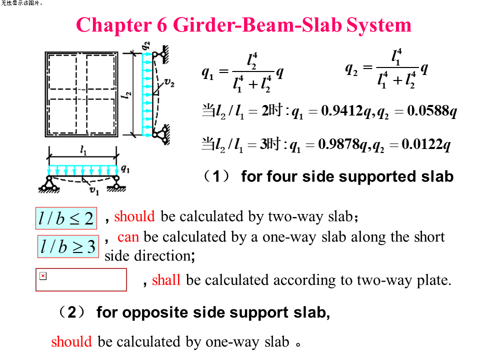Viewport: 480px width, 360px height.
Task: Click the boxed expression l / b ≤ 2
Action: (66, 218)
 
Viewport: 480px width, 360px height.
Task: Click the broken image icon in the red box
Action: (43, 276)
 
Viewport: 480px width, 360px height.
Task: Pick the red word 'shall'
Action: (166, 280)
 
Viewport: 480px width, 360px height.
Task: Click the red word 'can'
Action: (128, 237)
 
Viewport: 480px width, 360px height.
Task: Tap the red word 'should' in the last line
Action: (71, 341)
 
